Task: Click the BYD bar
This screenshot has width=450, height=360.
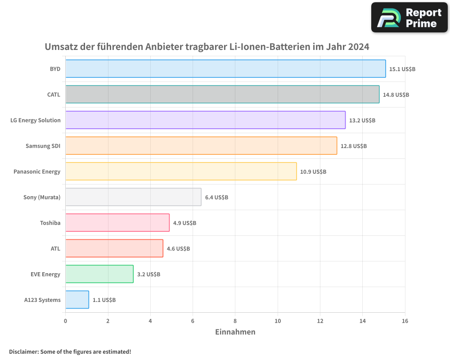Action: coord(225,69)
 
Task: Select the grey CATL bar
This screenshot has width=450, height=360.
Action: coord(222,94)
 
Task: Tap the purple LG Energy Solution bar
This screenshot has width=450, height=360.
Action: coord(205,120)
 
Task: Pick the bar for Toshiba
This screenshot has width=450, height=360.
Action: coord(117,223)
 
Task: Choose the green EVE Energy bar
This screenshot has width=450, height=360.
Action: coord(99,274)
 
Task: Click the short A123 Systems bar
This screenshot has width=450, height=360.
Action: coord(77,300)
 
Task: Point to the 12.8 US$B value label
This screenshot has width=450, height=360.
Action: coord(354,146)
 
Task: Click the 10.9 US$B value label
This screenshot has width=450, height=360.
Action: coord(313,172)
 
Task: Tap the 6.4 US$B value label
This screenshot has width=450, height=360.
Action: coord(216,198)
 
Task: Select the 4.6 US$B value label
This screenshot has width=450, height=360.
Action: coord(178,249)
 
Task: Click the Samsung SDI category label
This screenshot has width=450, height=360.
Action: coord(43,146)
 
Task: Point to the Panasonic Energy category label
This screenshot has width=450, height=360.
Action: coord(37,171)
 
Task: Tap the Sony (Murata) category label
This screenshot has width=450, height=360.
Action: coord(42,197)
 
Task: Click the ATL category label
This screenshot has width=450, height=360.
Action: coord(55,248)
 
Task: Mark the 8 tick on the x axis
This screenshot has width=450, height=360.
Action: coord(235,321)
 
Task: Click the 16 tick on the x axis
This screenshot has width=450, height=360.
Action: coord(405,321)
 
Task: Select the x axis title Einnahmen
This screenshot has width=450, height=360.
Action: coord(235,332)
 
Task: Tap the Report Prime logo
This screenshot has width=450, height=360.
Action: coord(409,18)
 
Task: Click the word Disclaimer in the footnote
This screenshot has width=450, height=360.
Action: coord(23,351)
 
